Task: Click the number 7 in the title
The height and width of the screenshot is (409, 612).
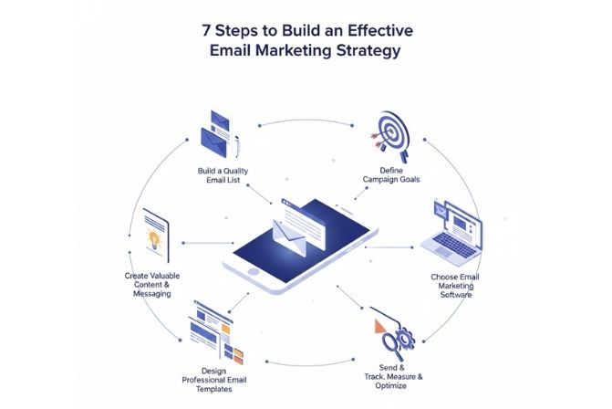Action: click(x=207, y=29)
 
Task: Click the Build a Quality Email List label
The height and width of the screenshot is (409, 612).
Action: click(x=222, y=174)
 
